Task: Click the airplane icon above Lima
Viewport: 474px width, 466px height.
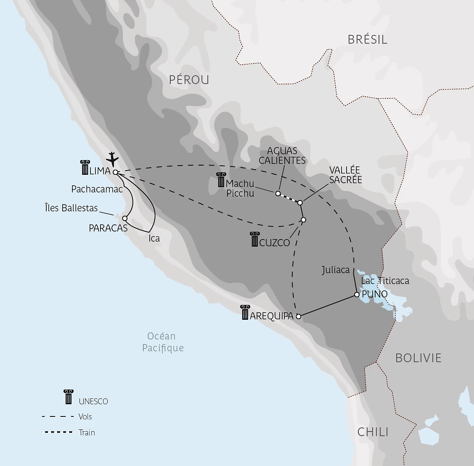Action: pyautogui.click(x=112, y=159)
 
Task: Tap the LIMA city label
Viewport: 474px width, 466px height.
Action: pyautogui.click(x=100, y=171)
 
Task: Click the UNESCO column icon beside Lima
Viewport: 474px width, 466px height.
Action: pyautogui.click(x=85, y=167)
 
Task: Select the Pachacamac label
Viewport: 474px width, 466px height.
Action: pyautogui.click(x=97, y=190)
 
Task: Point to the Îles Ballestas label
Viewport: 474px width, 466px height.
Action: pyautogui.click(x=71, y=208)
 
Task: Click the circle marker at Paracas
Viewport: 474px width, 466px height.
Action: pyautogui.click(x=124, y=218)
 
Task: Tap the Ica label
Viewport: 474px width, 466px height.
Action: pyautogui.click(x=154, y=238)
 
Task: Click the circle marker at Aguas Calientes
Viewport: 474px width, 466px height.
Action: pyautogui.click(x=278, y=193)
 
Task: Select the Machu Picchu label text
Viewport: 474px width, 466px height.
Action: pyautogui.click(x=240, y=188)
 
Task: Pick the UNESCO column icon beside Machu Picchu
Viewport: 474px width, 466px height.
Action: pyautogui.click(x=221, y=180)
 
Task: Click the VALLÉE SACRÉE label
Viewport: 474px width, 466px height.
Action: pyautogui.click(x=345, y=174)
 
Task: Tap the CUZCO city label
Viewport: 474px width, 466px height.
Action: pyautogui.click(x=275, y=242)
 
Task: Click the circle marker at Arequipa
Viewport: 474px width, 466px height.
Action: pyautogui.click(x=299, y=316)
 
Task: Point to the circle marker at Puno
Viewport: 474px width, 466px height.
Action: pyautogui.click(x=357, y=295)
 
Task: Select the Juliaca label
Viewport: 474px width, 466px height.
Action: pyautogui.click(x=336, y=270)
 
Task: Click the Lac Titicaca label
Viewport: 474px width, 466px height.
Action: pyautogui.click(x=385, y=281)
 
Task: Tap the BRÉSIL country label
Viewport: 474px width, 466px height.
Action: pyautogui.click(x=367, y=39)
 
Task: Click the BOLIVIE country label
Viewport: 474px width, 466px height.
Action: pyautogui.click(x=418, y=358)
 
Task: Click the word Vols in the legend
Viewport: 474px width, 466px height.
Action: pyautogui.click(x=85, y=416)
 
